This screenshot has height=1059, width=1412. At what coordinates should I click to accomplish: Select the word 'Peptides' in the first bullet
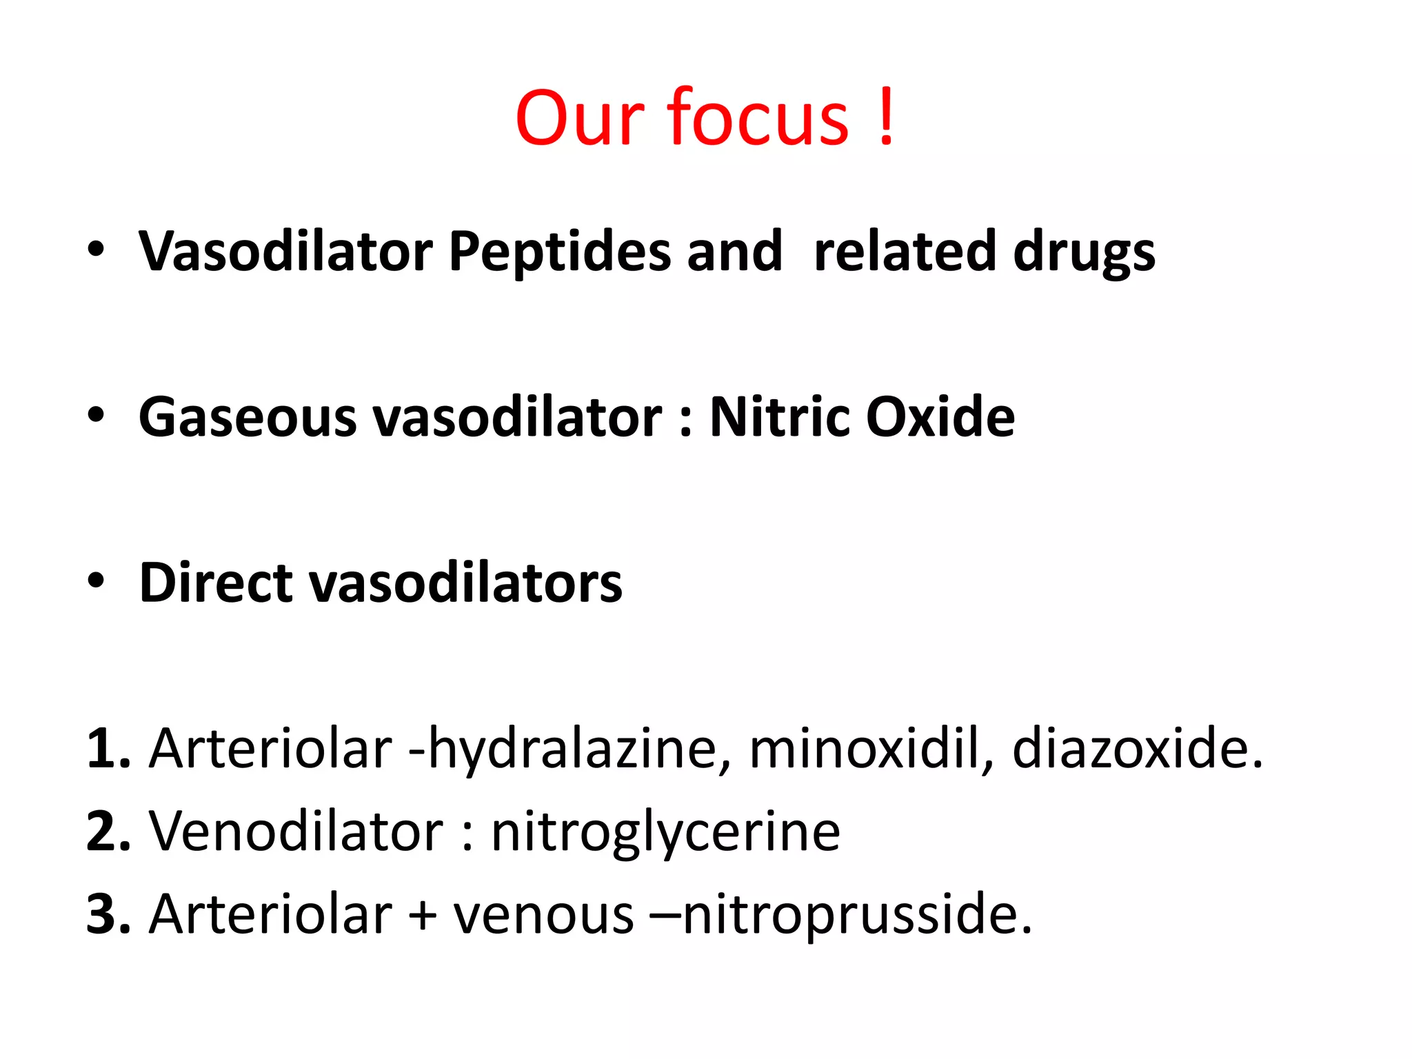click(x=560, y=252)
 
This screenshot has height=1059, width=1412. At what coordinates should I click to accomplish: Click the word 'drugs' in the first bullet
click(x=1085, y=252)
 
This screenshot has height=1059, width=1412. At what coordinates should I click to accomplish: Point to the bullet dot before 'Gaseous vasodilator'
click(x=96, y=415)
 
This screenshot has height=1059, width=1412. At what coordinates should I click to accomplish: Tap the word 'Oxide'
click(x=940, y=417)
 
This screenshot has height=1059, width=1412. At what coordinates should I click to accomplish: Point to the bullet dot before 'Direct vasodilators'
click(x=96, y=581)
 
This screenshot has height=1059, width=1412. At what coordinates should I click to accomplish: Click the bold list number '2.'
click(x=108, y=831)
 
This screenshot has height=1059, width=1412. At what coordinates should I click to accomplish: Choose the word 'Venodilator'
click(x=296, y=831)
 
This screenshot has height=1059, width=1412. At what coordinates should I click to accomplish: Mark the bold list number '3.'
click(x=108, y=914)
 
